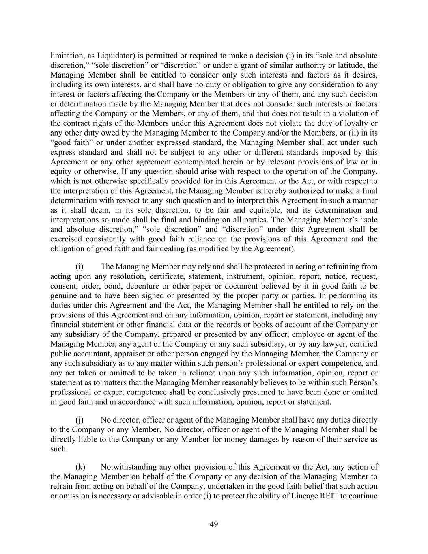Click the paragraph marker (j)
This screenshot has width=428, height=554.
point(80,420)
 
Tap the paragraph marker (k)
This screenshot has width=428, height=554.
point(80,467)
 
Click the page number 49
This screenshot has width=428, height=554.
point(214,524)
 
